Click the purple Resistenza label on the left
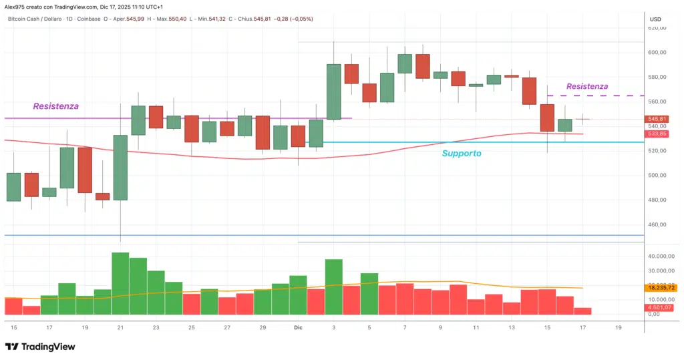[x=55, y=106]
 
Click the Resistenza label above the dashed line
[x=586, y=86]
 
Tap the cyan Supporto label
[x=461, y=154]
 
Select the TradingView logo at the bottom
[x=40, y=347]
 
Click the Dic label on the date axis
[x=299, y=328]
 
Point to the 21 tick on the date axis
[x=120, y=328]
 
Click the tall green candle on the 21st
[x=120, y=167]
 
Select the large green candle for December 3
[x=334, y=92]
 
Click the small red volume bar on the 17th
[x=582, y=311]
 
